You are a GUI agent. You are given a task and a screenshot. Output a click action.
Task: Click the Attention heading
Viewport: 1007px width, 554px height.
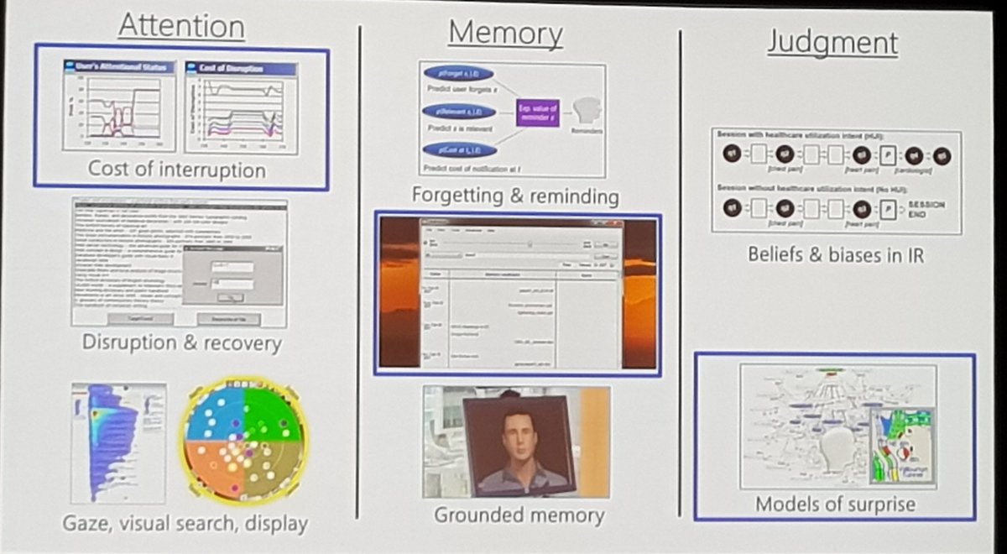181,26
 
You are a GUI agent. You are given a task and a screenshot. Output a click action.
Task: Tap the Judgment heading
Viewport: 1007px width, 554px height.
832,42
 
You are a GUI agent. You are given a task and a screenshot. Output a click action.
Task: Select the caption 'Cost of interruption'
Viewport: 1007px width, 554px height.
177,170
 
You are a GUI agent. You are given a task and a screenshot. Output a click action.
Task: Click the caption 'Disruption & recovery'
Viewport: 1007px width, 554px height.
181,343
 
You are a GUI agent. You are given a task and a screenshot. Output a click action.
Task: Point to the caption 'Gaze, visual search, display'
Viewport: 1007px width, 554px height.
185,524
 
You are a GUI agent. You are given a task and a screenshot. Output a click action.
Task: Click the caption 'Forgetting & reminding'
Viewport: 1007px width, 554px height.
515,196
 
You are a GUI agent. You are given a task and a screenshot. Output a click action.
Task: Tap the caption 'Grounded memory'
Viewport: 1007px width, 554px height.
518,515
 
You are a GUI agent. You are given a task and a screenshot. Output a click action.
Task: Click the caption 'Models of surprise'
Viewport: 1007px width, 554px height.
835,504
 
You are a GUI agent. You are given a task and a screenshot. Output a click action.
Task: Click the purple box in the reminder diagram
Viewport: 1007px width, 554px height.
537,112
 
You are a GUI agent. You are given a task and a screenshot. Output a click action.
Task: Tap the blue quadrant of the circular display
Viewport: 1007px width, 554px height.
213,415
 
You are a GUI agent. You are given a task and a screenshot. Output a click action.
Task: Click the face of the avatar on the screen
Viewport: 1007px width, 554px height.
517,436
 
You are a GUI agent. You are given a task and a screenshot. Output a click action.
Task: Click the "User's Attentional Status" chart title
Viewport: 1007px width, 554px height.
120,66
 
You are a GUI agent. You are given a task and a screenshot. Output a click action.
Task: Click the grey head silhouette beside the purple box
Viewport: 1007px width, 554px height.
586,110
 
